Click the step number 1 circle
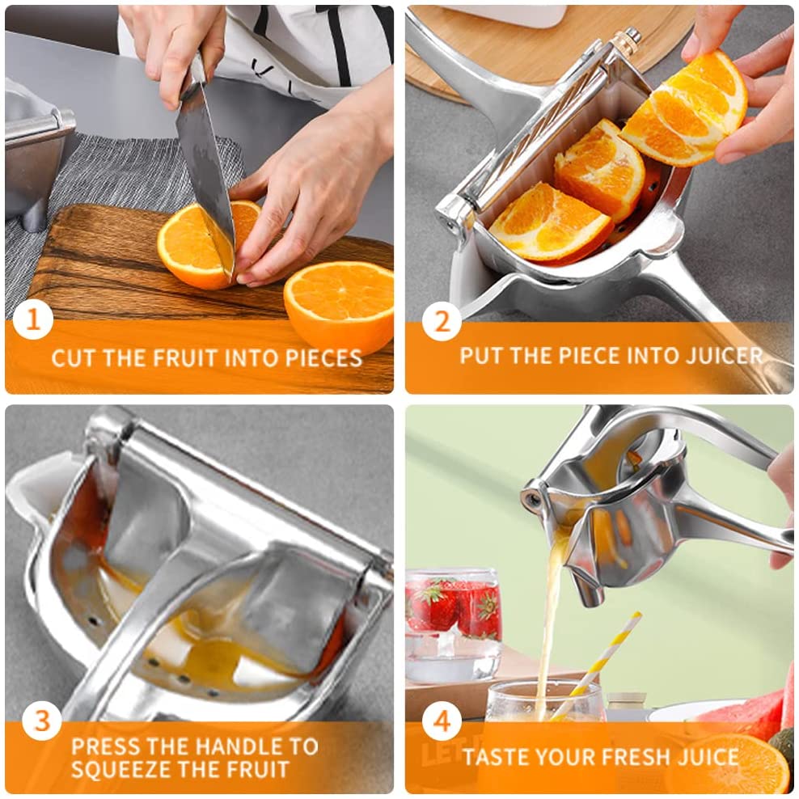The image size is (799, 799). (x=32, y=320)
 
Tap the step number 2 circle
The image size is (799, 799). (x=442, y=322)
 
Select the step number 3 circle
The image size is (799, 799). (x=42, y=721)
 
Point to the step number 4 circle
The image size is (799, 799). (x=442, y=721)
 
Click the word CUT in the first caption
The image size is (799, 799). (x=74, y=358)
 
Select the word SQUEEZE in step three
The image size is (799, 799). (x=129, y=769)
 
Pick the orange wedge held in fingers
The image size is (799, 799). (x=685, y=108)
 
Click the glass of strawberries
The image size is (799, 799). (x=453, y=626)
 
